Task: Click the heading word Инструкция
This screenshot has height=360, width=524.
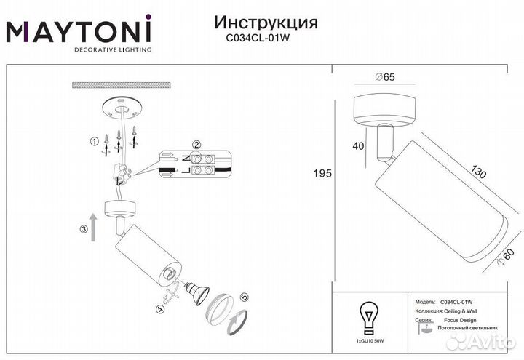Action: coord(267,22)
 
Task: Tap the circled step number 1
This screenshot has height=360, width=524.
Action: coord(93,141)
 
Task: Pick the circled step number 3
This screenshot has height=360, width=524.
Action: coord(83,231)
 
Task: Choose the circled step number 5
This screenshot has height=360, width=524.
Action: coord(244,297)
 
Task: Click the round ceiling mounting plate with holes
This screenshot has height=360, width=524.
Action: coord(121,108)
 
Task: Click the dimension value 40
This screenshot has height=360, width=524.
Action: coord(357,145)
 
